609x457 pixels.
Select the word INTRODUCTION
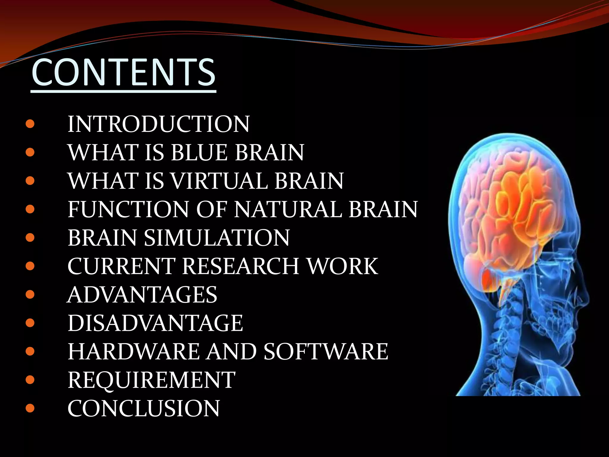coord(158,124)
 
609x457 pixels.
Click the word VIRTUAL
coord(220,181)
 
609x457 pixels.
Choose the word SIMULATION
coord(217,238)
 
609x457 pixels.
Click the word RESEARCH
coord(241,266)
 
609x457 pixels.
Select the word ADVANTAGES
coord(142,295)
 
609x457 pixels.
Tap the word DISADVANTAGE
coord(155,323)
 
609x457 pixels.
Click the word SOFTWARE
coord(326,351)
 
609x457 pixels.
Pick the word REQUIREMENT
coord(151,380)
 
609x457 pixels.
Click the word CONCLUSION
coord(144,408)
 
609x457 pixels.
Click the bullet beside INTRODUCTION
coord(30,124)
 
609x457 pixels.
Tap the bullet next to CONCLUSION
coord(30,408)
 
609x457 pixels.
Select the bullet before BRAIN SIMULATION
coord(30,238)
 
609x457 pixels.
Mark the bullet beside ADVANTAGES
coord(30,295)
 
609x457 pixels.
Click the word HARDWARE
coord(134,351)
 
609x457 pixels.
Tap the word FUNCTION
coord(128,209)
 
